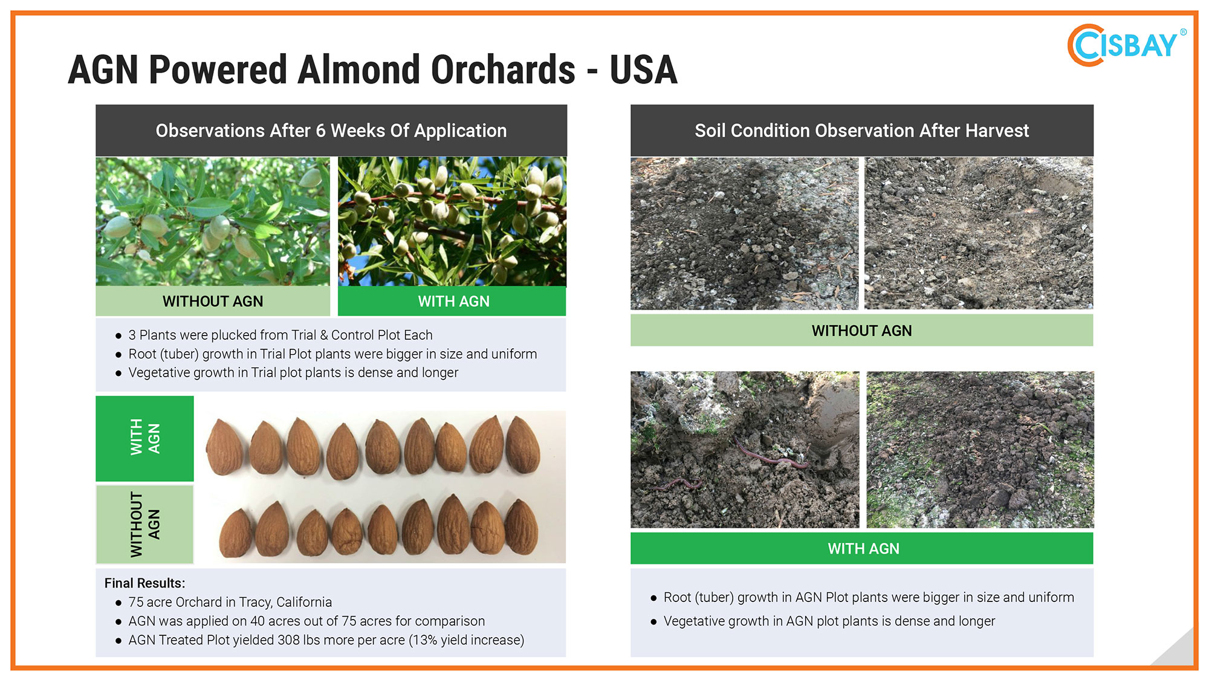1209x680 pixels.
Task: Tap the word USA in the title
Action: [643, 70]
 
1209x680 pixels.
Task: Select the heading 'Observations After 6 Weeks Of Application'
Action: [331, 131]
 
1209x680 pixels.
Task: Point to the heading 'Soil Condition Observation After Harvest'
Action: [861, 131]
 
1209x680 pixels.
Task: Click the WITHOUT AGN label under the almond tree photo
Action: [213, 301]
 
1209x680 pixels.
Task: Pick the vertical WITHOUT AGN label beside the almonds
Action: [145, 524]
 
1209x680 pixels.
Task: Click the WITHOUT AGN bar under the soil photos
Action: [861, 331]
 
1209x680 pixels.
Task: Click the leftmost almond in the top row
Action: [224, 447]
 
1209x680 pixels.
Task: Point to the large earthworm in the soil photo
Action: [771, 457]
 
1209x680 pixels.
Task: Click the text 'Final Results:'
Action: [144, 583]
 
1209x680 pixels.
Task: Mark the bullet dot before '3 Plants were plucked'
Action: [118, 335]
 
